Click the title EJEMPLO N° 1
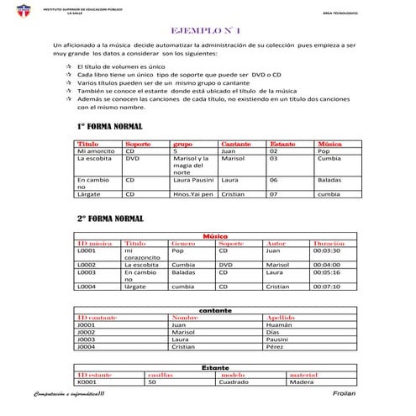point(207,29)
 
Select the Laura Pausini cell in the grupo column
point(192,180)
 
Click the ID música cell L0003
point(87,272)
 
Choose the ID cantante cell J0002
point(86,331)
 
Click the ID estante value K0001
point(86,382)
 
